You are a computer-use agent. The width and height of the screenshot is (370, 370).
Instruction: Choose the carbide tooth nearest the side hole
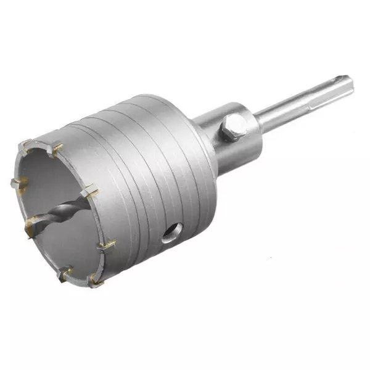coord(105,246)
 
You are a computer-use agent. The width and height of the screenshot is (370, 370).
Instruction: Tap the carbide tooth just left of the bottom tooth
coord(65,271)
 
